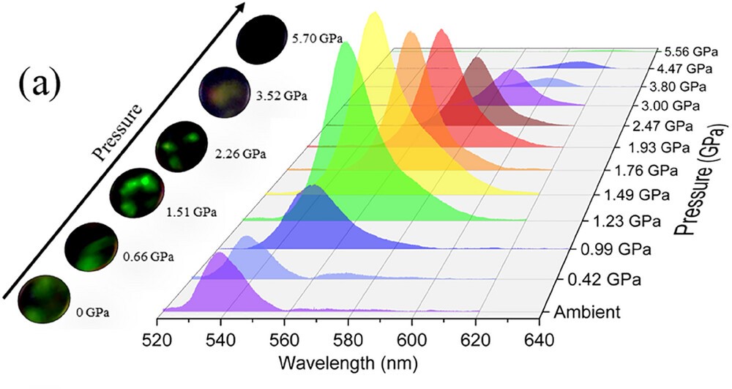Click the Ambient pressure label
tap(586, 312)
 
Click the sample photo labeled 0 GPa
tap(42, 299)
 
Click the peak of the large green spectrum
tap(346, 44)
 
